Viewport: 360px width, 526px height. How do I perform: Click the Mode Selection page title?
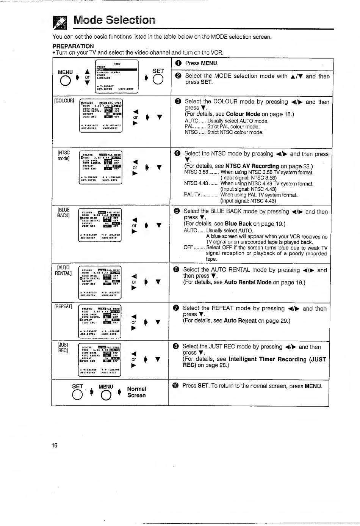(x=114, y=20)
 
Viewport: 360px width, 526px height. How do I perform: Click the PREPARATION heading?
(x=73, y=46)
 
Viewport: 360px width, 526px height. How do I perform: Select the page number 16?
(x=55, y=445)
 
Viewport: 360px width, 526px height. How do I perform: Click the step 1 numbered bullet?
(x=178, y=63)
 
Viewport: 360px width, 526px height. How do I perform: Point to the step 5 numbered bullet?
(x=177, y=211)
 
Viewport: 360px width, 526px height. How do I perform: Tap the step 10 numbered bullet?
(x=175, y=386)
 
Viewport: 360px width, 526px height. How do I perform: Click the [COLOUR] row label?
(x=64, y=100)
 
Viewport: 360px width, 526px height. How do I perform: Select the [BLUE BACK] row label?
(x=63, y=212)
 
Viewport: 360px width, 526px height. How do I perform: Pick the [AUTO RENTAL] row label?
(x=63, y=270)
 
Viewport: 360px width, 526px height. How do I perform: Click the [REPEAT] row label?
(x=63, y=306)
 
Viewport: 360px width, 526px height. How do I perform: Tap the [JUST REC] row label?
(x=63, y=347)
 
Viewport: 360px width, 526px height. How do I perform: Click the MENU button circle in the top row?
(x=66, y=81)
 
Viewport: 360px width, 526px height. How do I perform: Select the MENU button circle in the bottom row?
(x=106, y=396)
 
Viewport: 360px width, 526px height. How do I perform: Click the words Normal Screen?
(x=136, y=392)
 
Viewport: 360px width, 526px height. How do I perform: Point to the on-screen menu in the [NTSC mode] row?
(x=100, y=167)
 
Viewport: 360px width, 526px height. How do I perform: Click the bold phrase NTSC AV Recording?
(x=252, y=166)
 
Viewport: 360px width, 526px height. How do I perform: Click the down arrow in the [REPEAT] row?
(x=158, y=322)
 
